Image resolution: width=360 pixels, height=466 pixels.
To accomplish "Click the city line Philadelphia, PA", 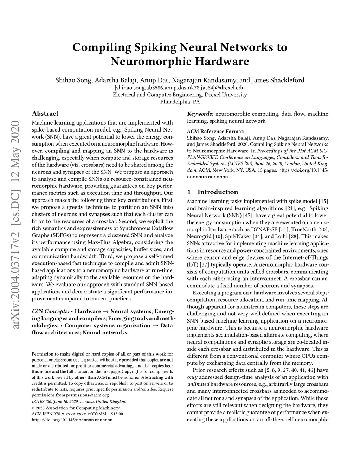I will [180, 102].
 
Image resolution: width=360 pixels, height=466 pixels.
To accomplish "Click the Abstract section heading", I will [45, 114].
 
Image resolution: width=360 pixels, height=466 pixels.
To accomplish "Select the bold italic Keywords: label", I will [200, 114].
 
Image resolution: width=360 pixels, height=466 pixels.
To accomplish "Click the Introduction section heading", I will [218, 192].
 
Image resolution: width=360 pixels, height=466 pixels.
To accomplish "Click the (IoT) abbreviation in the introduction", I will [193, 265].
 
